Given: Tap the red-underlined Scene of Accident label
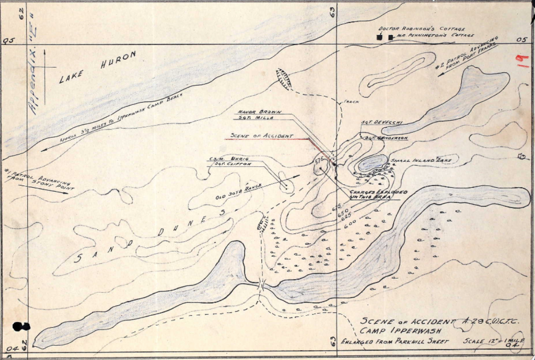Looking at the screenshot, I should point(262,136).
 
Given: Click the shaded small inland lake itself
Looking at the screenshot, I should point(373,162).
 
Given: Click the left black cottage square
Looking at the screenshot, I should point(379,37).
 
